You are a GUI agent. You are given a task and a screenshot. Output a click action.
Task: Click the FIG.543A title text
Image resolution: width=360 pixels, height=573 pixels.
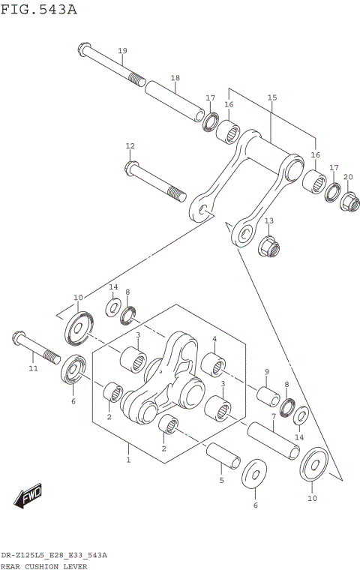point(39,9)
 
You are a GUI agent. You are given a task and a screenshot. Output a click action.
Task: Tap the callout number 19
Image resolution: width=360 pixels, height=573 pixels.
point(122,50)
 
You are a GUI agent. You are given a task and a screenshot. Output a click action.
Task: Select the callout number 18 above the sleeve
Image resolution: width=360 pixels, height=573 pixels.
point(175,78)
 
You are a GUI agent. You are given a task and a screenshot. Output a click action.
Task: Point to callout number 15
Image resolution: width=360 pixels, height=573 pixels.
point(271,97)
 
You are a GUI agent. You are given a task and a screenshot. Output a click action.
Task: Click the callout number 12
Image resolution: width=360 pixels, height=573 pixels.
point(130,145)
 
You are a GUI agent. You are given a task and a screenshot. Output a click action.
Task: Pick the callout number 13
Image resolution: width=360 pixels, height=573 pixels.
point(268,220)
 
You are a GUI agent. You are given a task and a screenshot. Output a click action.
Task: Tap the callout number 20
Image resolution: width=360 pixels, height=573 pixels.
point(347,177)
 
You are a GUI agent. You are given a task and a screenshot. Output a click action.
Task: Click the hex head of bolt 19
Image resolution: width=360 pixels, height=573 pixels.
point(83,52)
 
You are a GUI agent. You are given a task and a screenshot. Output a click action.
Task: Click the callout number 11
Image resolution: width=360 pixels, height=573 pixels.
point(32,369)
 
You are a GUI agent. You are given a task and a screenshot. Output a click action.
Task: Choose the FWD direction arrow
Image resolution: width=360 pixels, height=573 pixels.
point(28,496)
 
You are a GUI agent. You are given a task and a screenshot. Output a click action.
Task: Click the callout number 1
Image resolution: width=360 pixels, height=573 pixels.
point(128,459)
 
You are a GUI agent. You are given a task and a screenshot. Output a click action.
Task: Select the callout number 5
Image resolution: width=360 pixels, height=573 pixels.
point(221,480)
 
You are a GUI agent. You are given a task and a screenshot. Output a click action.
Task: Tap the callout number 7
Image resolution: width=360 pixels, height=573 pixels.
point(273,415)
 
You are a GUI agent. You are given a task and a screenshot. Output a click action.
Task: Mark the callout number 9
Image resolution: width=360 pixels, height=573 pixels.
point(266,372)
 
